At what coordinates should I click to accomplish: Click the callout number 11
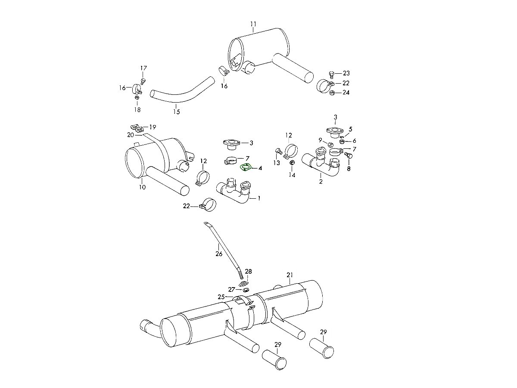253,24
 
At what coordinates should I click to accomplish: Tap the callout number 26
219,254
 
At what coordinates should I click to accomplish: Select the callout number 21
290,275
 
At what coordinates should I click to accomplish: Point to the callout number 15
177,112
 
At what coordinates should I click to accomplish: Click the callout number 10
143,187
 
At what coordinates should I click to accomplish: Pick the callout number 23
346,73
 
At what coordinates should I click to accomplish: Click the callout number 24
346,93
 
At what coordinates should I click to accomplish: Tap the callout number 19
153,127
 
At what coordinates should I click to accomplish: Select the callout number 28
249,271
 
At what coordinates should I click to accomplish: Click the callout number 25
221,297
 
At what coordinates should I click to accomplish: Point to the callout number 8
349,169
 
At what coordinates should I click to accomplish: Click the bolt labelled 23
331,74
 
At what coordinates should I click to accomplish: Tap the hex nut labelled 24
332,93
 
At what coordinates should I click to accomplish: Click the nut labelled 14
291,163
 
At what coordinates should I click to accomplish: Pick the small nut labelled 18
137,98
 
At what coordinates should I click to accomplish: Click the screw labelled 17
144,80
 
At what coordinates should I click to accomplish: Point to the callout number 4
260,168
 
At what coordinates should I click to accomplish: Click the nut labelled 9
330,145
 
